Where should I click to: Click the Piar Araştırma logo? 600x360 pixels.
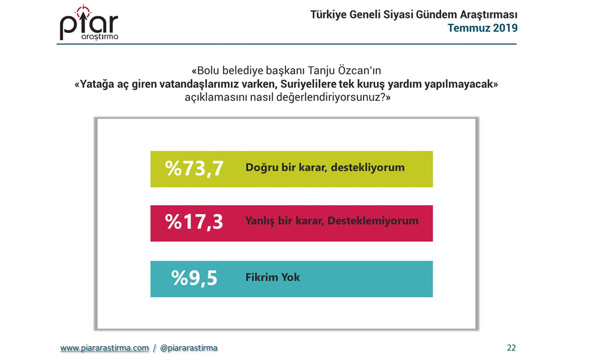[x=89, y=23]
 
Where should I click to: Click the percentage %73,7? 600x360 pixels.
[x=194, y=169]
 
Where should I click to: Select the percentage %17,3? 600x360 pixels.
[x=194, y=222]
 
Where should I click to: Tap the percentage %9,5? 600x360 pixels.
[x=194, y=278]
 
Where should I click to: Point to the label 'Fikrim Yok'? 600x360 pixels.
[x=272, y=277]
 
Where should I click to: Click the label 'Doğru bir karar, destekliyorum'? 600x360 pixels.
[x=325, y=167]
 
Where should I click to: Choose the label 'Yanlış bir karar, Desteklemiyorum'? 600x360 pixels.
[x=332, y=221]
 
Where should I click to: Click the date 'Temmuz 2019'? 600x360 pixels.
[x=482, y=28]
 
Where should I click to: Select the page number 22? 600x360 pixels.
[x=511, y=348]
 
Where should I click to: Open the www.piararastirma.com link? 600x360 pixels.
[x=104, y=348]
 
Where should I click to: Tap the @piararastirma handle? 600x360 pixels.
[x=188, y=348]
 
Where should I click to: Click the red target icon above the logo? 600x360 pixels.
[x=83, y=11]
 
